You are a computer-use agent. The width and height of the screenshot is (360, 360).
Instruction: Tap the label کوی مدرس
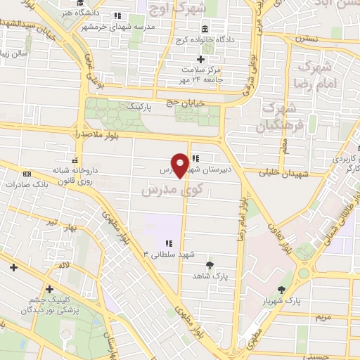tap(167, 191)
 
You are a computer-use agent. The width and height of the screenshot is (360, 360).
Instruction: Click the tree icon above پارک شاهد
tap(210, 265)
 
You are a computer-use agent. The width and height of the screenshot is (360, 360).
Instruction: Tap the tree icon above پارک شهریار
tap(282, 290)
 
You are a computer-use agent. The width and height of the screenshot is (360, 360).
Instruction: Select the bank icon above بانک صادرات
tap(27, 174)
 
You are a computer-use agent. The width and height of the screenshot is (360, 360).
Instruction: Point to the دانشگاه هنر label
tap(77, 13)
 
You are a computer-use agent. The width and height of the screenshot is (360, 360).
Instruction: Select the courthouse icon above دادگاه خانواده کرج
tap(205, 29)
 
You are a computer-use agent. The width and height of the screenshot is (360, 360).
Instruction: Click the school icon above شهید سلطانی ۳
tap(169, 243)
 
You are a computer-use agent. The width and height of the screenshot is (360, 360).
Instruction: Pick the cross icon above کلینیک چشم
tap(49, 288)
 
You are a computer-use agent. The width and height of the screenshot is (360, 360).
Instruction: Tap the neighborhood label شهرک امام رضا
tap(318, 76)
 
